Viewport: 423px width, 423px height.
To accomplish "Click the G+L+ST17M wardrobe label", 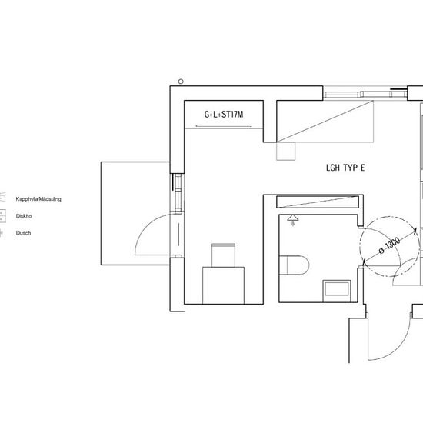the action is [x=224, y=115].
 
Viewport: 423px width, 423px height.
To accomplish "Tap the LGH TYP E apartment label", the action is [x=345, y=168].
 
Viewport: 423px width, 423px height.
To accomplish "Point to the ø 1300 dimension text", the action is [x=389, y=245].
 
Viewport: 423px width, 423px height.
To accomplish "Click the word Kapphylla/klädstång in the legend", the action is [x=38, y=199].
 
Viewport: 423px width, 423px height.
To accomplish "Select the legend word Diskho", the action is [x=24, y=216].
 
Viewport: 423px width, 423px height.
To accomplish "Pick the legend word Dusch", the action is [x=23, y=233].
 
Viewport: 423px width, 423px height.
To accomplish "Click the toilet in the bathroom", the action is [x=294, y=265].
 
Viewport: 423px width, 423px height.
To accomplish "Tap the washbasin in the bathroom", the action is [x=337, y=291].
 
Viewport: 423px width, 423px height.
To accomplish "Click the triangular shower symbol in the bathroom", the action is [x=293, y=218].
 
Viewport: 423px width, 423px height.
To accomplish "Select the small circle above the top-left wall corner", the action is [x=181, y=82].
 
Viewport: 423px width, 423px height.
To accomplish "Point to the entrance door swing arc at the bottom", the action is [x=396, y=348].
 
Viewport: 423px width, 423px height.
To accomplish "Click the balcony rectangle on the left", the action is [x=135, y=213].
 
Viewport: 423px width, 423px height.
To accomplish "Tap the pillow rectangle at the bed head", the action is [x=223, y=255].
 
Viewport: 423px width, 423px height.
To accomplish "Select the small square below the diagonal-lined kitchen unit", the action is [x=285, y=151].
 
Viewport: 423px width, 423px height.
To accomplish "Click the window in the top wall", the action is [x=365, y=94].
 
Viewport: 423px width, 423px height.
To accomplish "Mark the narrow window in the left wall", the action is [x=178, y=193].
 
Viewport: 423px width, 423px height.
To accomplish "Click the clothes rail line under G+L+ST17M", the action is [x=224, y=126].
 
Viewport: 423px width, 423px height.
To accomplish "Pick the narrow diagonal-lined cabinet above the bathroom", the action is [x=318, y=202].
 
